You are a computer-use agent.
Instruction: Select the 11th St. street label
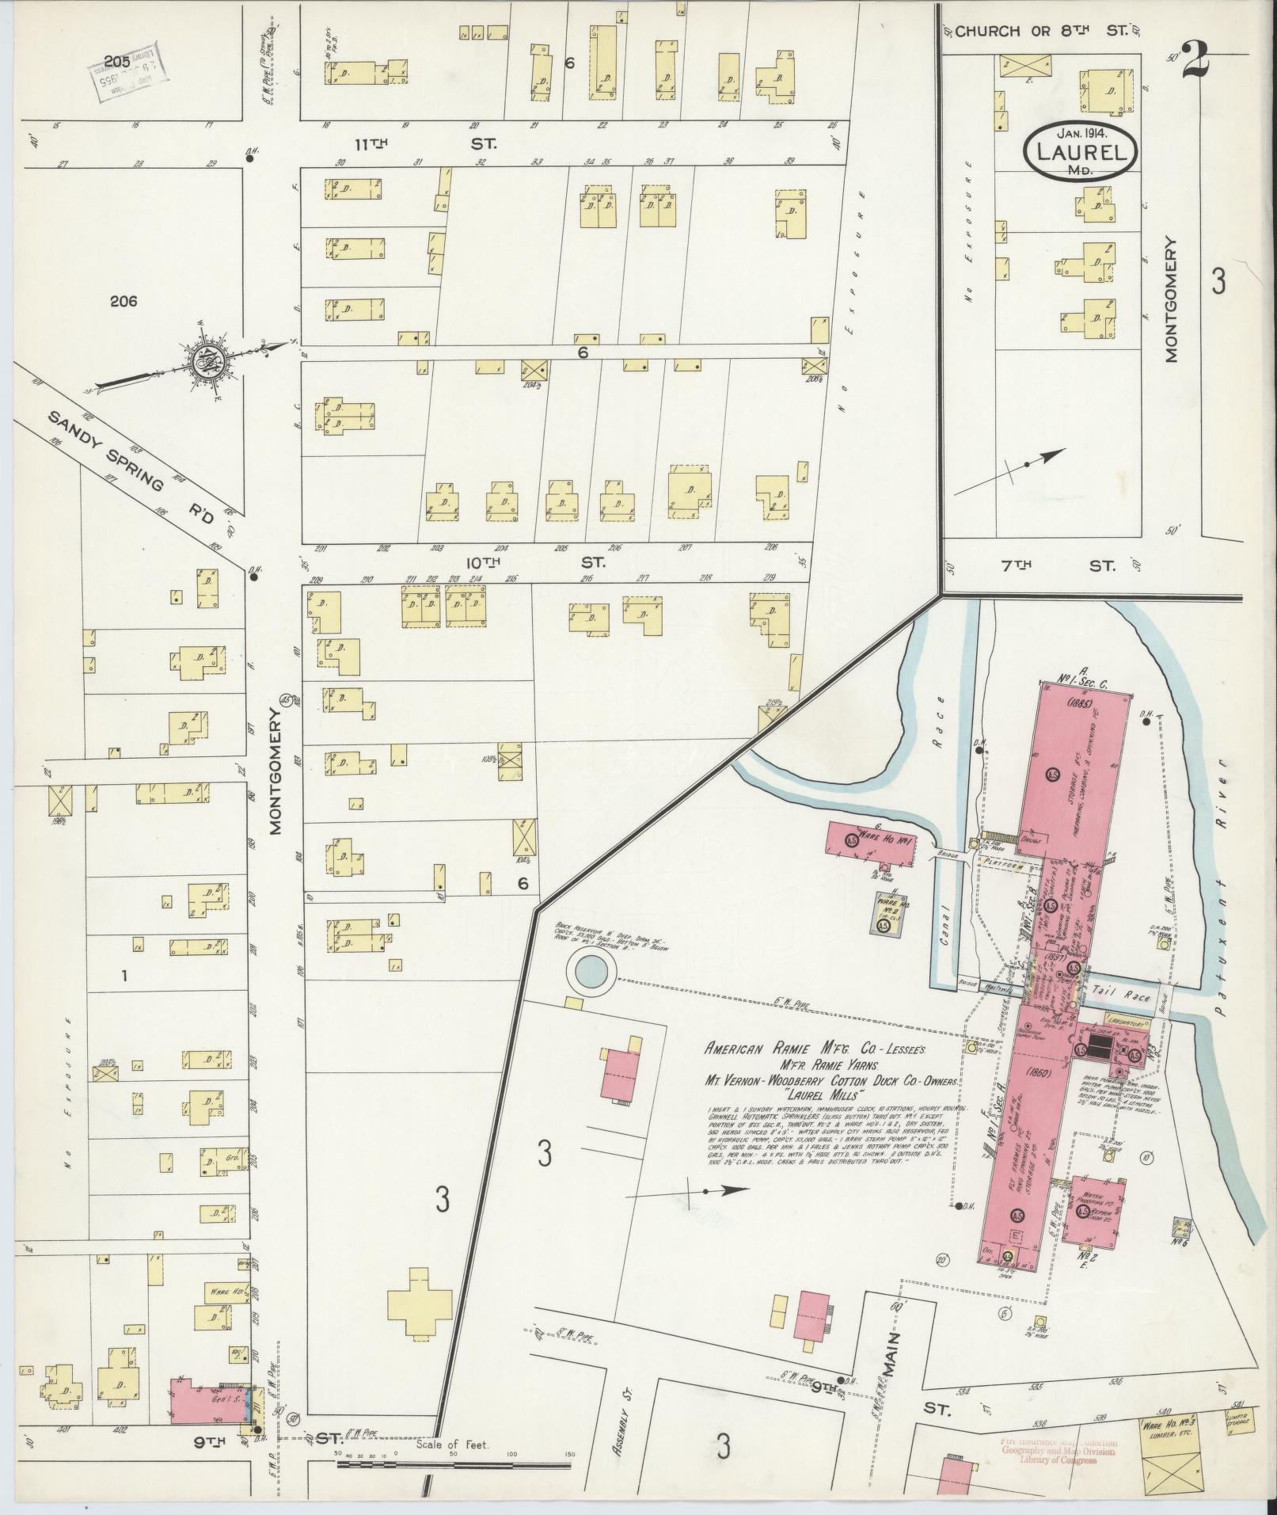(x=424, y=144)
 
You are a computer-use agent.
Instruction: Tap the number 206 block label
(x=124, y=301)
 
